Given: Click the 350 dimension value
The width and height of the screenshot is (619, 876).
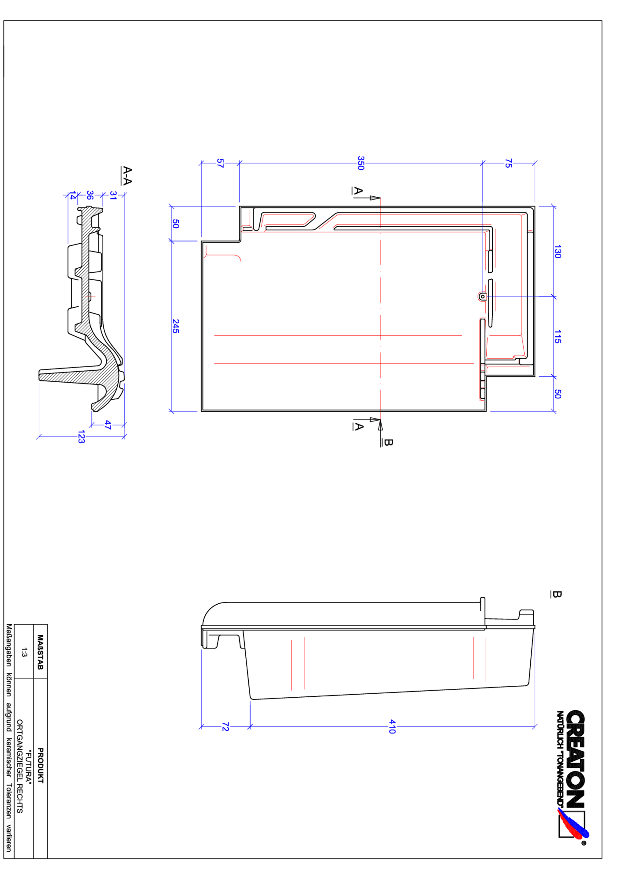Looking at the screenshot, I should [x=361, y=163].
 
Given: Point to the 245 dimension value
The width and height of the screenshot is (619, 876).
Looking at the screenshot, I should [x=176, y=326].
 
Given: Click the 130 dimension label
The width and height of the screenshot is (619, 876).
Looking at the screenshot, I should [x=557, y=252].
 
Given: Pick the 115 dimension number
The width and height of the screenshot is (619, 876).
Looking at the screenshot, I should [x=557, y=336].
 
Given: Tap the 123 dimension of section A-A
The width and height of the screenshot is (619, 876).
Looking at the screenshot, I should [x=81, y=437].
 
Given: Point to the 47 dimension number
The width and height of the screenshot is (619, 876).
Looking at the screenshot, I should [x=108, y=425].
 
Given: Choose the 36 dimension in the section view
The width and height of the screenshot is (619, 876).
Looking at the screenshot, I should [x=90, y=195].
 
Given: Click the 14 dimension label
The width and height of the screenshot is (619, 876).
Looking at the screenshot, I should [x=72, y=195].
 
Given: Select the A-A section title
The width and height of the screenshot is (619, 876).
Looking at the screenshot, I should [x=127, y=176].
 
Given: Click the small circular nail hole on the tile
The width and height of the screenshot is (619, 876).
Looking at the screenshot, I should [x=482, y=296].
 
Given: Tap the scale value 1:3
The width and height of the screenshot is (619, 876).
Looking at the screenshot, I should [x=24, y=652].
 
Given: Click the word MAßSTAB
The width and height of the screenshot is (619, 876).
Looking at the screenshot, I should [x=40, y=652].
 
